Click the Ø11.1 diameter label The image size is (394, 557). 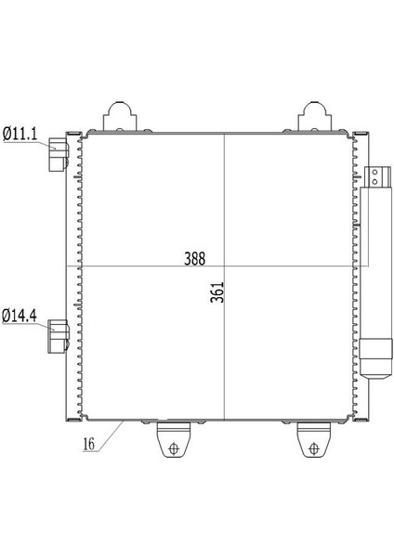point(19,135)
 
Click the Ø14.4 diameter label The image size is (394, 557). point(19,317)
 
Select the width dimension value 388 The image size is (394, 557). point(194,258)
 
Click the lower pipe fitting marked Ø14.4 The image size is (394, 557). point(58,336)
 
